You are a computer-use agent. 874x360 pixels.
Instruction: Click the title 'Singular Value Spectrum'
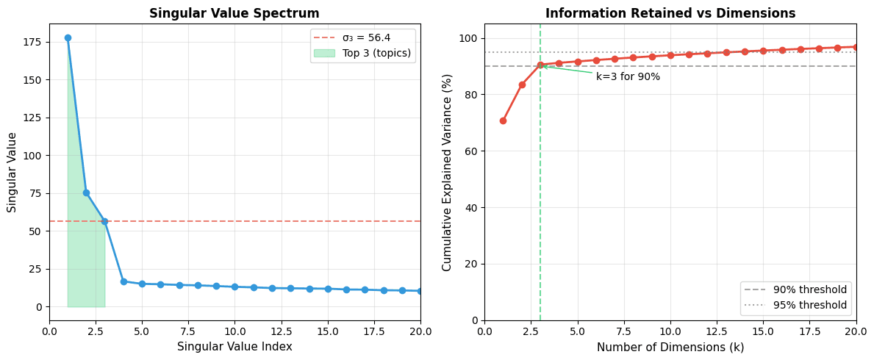[x=234, y=13]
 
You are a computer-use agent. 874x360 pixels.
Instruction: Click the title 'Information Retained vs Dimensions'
[x=670, y=13]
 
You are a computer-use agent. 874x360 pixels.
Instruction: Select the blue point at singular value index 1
[x=68, y=37]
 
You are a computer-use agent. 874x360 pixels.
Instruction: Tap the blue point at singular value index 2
[x=86, y=192]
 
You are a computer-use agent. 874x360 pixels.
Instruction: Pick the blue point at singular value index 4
[x=123, y=281]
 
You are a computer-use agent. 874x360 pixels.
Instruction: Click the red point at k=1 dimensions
[x=503, y=120]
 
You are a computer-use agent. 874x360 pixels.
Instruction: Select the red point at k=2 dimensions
[x=522, y=84]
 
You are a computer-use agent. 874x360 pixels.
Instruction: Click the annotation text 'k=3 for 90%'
[x=628, y=77]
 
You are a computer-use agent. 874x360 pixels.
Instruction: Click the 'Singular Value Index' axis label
[x=234, y=347]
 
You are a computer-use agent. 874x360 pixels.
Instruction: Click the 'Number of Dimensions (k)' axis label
[x=670, y=347]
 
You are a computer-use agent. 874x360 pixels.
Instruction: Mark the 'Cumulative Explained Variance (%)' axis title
[x=447, y=172]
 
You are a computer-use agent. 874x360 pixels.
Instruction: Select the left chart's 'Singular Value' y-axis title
[x=12, y=172]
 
